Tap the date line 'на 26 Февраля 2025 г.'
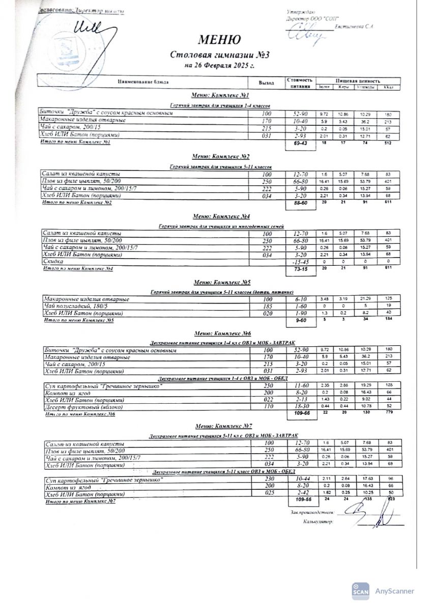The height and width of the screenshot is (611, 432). (x=219, y=66)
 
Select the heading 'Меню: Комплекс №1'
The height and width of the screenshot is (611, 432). (x=219, y=95)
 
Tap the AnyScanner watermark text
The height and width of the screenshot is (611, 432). (x=395, y=591)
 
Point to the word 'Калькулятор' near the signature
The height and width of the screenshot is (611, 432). (x=318, y=522)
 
